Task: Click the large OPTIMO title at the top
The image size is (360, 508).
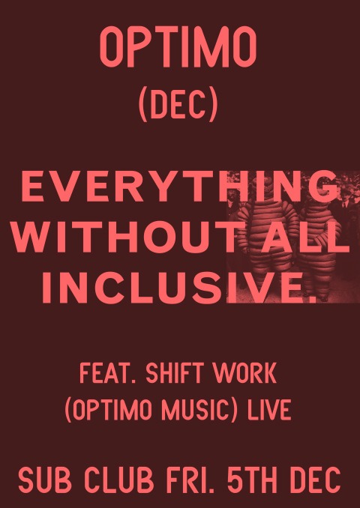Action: pyautogui.click(x=178, y=46)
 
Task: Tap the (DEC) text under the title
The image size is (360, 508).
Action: pyautogui.click(x=178, y=106)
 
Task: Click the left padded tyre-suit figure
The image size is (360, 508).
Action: pyautogui.click(x=268, y=237)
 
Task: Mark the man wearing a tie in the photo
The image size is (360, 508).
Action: pyautogui.click(x=346, y=208)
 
